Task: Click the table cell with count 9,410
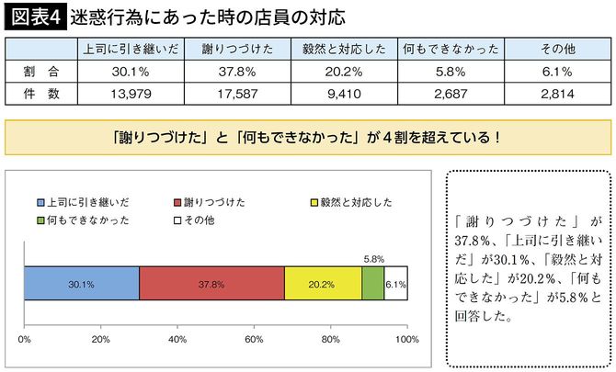[x=341, y=93]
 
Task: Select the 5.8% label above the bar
[x=373, y=260]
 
